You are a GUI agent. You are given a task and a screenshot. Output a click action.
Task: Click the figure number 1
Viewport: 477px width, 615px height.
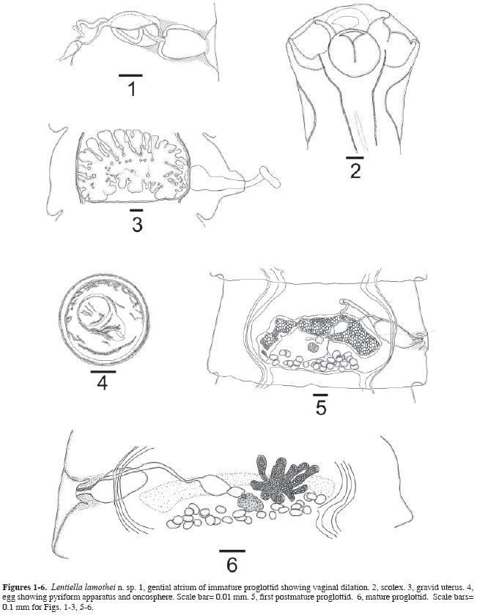pos(132,89)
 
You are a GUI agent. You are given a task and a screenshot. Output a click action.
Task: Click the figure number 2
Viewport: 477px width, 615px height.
pos(355,171)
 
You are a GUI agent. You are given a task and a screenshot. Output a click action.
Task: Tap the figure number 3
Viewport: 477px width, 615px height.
pos(137,225)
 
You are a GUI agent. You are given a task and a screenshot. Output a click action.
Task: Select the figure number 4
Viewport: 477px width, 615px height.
pos(103,383)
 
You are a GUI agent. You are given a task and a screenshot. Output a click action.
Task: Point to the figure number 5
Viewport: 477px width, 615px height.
pos(321,408)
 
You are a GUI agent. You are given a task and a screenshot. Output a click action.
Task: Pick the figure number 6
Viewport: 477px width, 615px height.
pos(232,565)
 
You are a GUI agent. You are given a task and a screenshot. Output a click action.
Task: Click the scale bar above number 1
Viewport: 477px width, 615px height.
pos(130,75)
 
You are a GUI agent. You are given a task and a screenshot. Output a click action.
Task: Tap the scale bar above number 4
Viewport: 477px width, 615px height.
pos(103,371)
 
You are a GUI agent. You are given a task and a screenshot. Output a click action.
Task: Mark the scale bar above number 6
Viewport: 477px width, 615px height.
pos(232,551)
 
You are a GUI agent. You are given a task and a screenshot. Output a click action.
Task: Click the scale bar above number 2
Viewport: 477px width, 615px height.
pos(355,157)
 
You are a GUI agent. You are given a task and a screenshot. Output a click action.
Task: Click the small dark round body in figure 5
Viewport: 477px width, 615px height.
pos(314,346)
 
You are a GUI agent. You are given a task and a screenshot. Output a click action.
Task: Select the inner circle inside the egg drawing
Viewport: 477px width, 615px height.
pos(94,312)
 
